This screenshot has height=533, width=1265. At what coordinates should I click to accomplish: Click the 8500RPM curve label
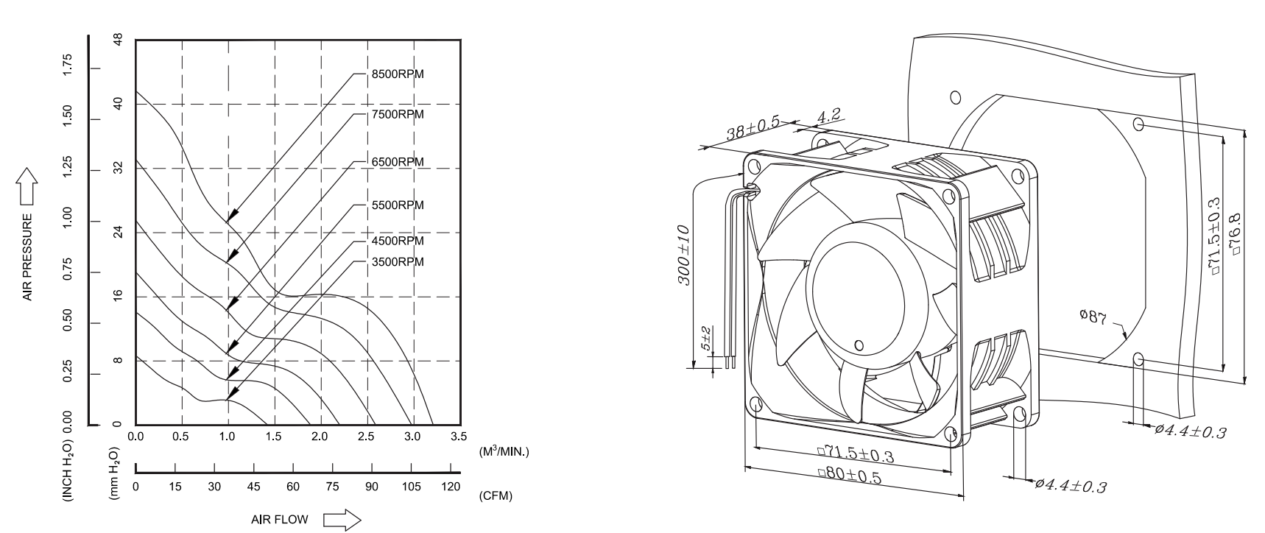398,74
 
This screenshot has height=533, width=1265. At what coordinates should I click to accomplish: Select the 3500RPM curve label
398,262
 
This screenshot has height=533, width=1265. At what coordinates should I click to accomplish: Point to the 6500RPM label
398,162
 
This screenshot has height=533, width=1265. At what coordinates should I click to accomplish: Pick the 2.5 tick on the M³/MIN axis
366,437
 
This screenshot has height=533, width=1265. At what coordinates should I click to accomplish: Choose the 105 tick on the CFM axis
412,487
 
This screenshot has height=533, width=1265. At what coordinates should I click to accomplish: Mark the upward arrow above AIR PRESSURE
27,186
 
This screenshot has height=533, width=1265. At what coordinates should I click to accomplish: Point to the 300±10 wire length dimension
684,255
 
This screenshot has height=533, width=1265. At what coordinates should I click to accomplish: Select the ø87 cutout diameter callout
1093,318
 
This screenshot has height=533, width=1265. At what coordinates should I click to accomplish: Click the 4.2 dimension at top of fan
829,116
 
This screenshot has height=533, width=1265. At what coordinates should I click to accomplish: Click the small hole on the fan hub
859,345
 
